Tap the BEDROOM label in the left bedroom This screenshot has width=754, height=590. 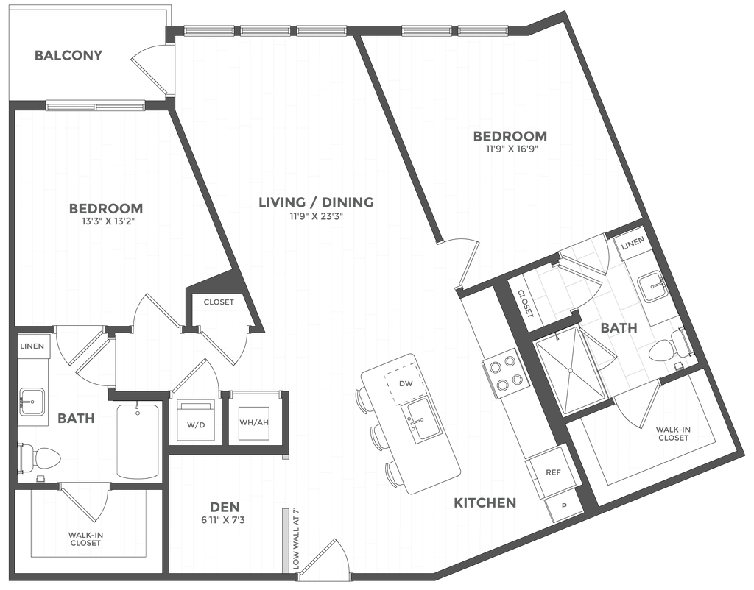105,208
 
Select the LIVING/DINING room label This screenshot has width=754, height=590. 317,202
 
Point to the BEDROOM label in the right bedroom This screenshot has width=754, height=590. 510,135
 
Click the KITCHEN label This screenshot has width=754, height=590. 485,504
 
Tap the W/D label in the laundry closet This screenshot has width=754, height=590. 195,425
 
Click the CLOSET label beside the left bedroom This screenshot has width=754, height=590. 219,302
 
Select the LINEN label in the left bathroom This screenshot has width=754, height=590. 33,346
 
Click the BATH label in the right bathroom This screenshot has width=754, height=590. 613,328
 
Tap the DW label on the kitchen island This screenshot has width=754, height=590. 404,383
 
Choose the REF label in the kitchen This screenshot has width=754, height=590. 552,472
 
